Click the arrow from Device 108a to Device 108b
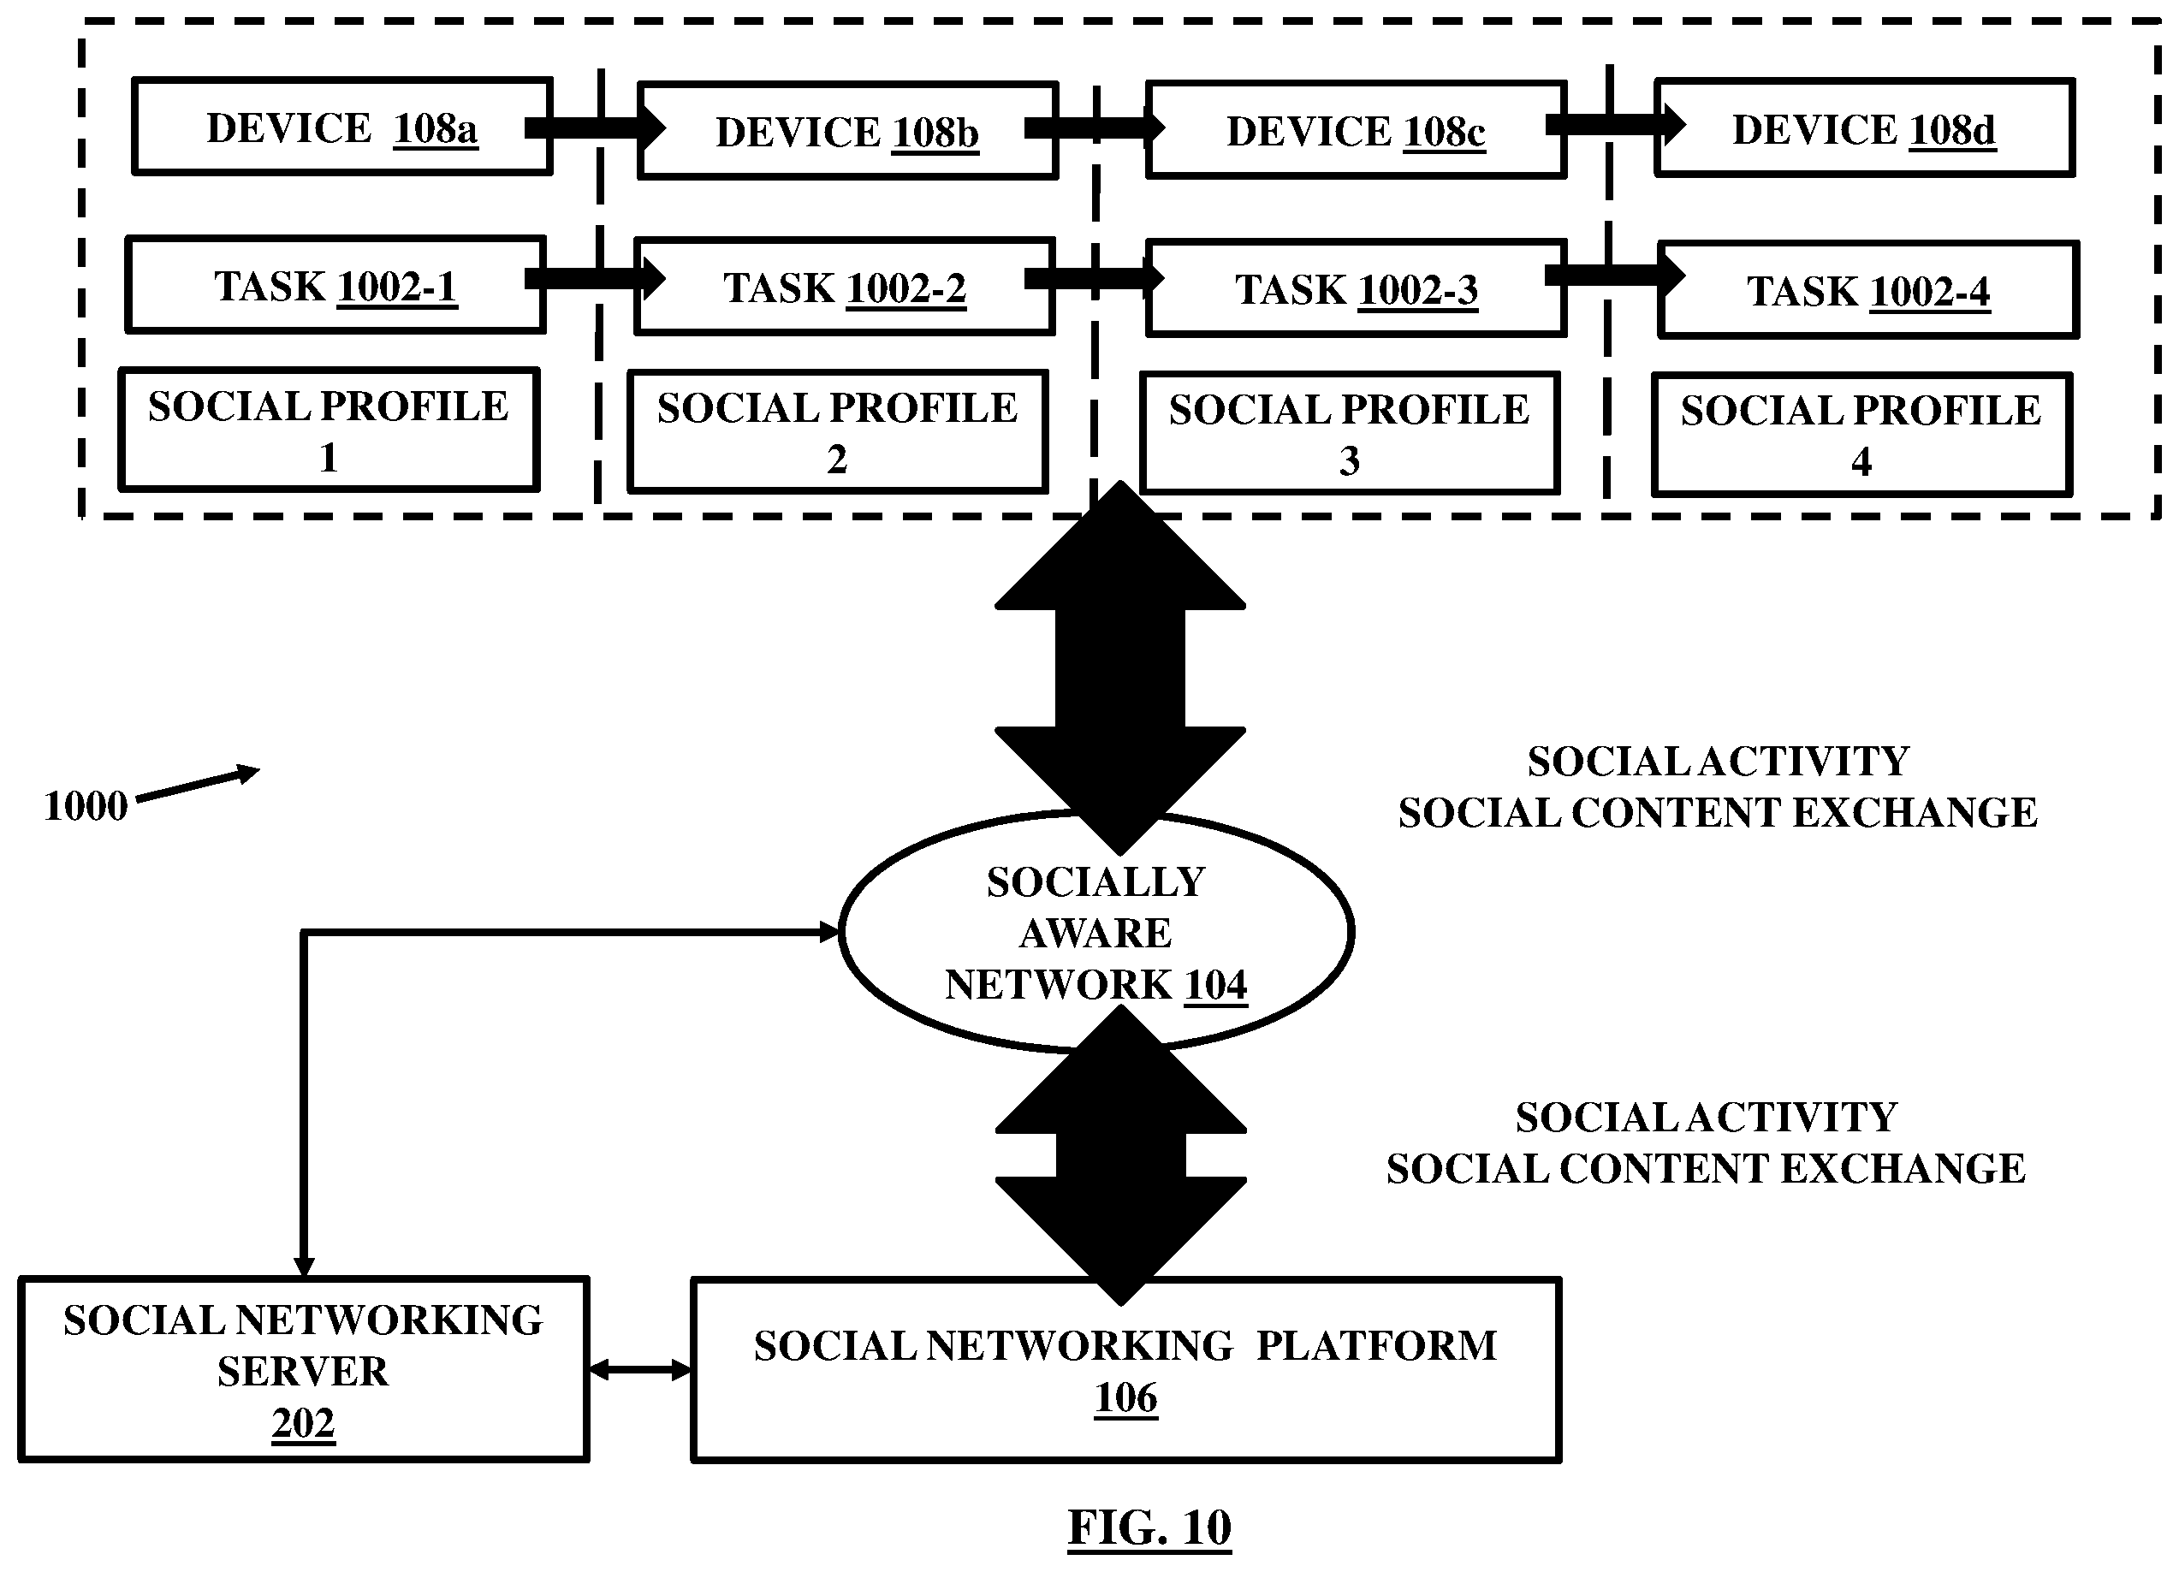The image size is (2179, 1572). pos(596,128)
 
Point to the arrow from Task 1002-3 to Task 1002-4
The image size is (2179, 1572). pos(1615,276)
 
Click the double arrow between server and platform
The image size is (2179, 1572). pos(640,1370)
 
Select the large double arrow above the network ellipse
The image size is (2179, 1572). pos(1120,667)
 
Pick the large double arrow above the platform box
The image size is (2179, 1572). pos(1120,1155)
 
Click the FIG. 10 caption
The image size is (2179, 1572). pos(1149,1527)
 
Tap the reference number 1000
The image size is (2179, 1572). pos(86,806)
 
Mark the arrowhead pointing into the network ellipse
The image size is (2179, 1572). pos(829,931)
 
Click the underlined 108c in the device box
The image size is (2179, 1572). pos(1444,133)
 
